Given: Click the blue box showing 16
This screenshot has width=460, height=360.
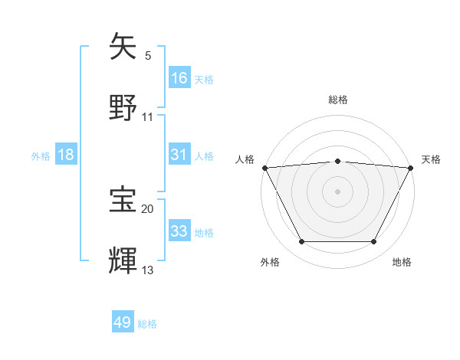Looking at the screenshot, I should pyautogui.click(x=179, y=77).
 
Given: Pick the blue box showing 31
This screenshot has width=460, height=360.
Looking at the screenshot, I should pyautogui.click(x=179, y=155).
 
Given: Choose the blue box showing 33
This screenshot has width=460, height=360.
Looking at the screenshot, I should pyautogui.click(x=179, y=231).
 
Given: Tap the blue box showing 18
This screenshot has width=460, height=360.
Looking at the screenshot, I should pyautogui.click(x=66, y=155).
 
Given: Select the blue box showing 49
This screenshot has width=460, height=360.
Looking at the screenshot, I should pyautogui.click(x=123, y=322).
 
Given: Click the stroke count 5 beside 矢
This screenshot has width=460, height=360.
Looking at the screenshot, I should pyautogui.click(x=148, y=55).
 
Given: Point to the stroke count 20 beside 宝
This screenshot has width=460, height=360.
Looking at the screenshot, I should pyautogui.click(x=147, y=208).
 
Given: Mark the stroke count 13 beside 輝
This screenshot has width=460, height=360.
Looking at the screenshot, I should pyautogui.click(x=147, y=270).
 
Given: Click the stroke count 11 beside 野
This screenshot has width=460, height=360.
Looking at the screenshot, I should pyautogui.click(x=147, y=116).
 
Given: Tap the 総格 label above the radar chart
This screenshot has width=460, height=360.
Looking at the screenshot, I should pyautogui.click(x=338, y=100).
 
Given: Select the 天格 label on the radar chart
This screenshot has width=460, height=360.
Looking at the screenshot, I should pyautogui.click(x=431, y=159).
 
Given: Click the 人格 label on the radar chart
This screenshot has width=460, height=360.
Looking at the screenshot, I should pyautogui.click(x=245, y=159).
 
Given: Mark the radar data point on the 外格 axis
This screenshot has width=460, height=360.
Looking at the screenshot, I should pyautogui.click(x=301, y=242).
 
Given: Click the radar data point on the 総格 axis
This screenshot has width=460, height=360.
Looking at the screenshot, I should pyautogui.click(x=338, y=161).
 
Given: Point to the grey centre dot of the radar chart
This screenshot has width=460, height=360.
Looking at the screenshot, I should pyautogui.click(x=338, y=191).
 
